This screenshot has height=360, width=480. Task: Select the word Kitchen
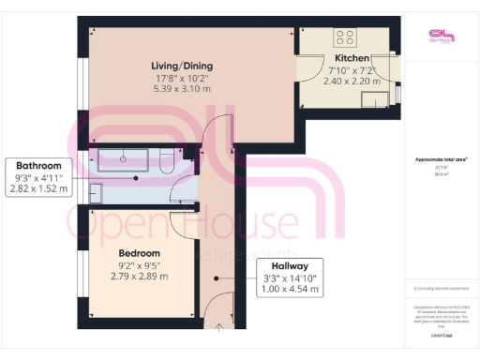pos(352,58)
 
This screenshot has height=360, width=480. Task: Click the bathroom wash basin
pos(96,192)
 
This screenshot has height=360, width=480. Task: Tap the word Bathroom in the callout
pos(38,166)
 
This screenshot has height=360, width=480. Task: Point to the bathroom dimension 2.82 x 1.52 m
pos(38,188)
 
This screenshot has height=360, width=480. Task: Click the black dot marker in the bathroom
pos(137,177)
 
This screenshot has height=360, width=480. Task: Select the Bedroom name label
pos(139,253)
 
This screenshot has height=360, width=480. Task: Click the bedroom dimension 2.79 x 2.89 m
pos(139,276)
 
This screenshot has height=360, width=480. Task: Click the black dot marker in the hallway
pos(217,277)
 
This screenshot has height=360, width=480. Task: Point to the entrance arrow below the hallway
pos(219,326)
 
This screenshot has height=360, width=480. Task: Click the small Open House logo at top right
pos(439,37)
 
